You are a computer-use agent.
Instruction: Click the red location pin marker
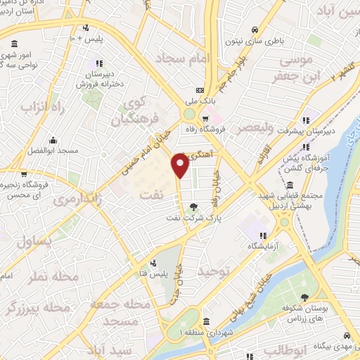(180, 166)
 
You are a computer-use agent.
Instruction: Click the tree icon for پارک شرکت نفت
(193, 207)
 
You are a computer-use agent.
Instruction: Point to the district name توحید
(214, 271)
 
